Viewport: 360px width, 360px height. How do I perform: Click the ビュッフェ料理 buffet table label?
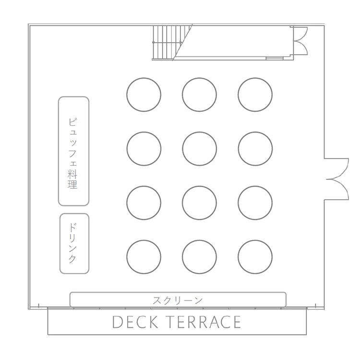click(72, 154)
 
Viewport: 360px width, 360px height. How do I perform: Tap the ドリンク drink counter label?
click(72, 243)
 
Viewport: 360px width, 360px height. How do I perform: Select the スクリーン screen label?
click(178, 300)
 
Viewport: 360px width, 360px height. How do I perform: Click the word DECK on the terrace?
click(135, 322)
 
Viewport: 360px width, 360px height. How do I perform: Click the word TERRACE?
click(205, 322)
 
